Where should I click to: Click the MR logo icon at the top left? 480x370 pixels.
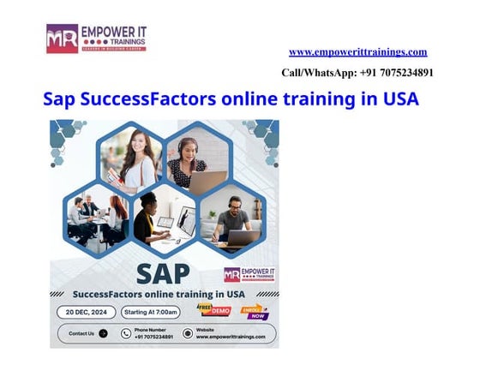[x=62, y=39]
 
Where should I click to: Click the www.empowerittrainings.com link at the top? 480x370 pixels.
[x=357, y=52]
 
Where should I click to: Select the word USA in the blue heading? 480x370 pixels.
[x=400, y=99]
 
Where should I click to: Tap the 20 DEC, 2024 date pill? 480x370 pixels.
[x=86, y=312]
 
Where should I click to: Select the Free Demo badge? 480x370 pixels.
[x=214, y=309]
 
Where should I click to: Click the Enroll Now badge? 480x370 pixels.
[x=255, y=311]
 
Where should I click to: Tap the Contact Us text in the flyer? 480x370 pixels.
[x=81, y=333]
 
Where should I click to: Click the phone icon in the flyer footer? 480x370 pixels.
[x=125, y=333]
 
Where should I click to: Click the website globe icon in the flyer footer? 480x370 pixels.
[x=188, y=333]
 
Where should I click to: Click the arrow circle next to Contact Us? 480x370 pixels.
[x=104, y=333]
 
